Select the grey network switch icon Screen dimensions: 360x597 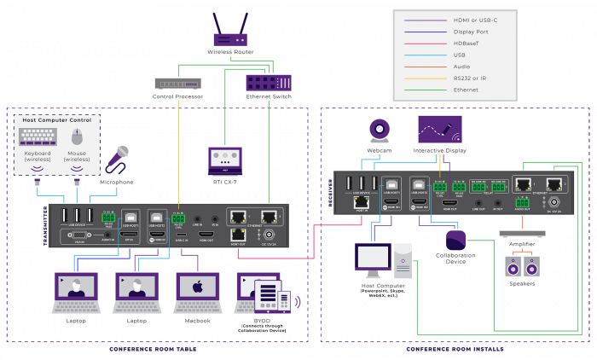click(177, 83)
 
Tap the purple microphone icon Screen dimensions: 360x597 click(116, 158)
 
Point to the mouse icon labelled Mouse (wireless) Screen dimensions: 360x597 click(77, 136)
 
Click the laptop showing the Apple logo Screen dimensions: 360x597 click(198, 289)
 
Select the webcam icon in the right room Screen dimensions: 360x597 click(380, 130)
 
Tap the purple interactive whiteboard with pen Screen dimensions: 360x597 click(440, 129)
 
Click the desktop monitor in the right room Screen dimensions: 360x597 click(373, 259)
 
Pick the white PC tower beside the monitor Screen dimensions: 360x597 click(403, 260)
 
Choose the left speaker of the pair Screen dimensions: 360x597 click(513, 266)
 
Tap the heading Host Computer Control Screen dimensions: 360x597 click(57, 120)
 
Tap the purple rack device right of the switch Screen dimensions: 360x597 click(269, 83)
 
